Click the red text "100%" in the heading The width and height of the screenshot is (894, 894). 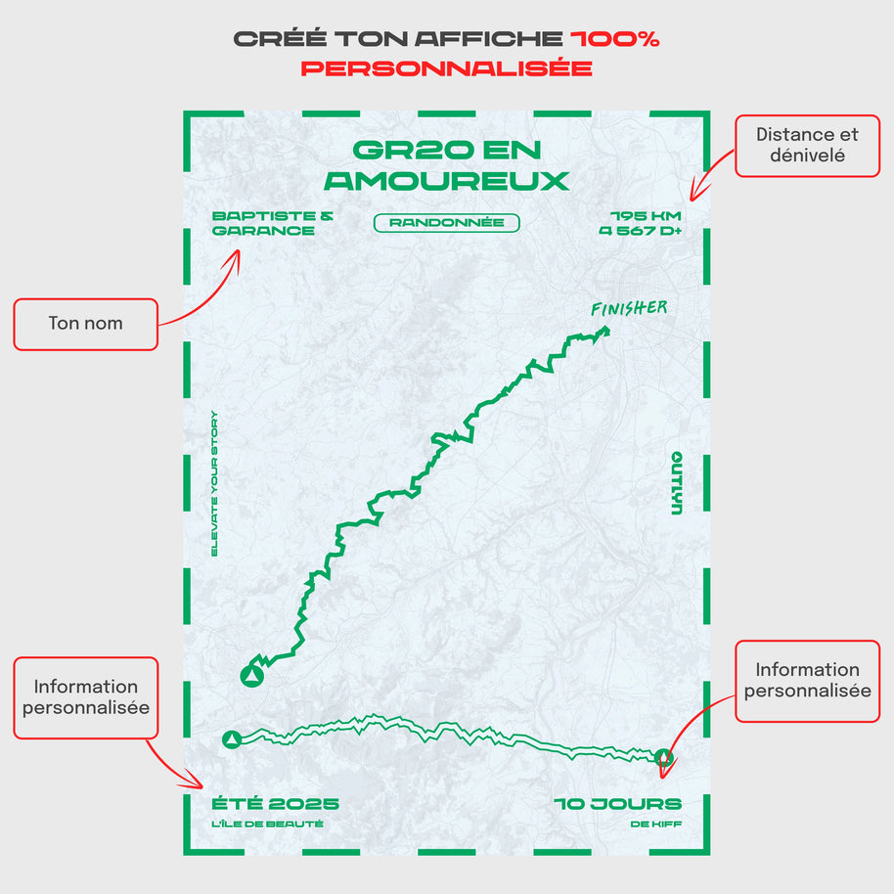[x=615, y=39]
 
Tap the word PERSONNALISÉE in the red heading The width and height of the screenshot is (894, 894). [x=446, y=68]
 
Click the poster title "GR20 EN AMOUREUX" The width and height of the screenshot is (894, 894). [x=446, y=165]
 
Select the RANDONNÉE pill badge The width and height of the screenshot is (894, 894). [x=446, y=223]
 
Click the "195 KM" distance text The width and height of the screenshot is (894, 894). [x=646, y=216]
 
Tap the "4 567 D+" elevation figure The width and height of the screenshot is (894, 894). [x=641, y=232]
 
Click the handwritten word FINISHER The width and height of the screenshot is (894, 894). [x=629, y=309]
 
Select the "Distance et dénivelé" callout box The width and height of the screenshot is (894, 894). [x=807, y=145]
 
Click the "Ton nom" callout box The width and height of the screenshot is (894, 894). [x=85, y=324]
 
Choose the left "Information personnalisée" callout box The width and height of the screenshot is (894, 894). [x=85, y=696]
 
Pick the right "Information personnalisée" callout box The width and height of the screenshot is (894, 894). [x=807, y=681]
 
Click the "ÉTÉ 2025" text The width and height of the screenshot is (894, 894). [x=276, y=804]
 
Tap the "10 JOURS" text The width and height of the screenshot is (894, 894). [x=618, y=804]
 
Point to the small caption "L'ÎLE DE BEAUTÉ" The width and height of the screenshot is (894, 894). [x=267, y=825]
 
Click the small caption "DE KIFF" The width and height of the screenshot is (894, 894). [x=656, y=825]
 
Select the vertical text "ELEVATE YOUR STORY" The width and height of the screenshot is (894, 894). [x=215, y=483]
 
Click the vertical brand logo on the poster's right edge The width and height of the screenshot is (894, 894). [x=676, y=483]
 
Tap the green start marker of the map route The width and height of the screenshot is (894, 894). [x=252, y=676]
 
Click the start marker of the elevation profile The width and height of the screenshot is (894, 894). [x=232, y=739]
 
